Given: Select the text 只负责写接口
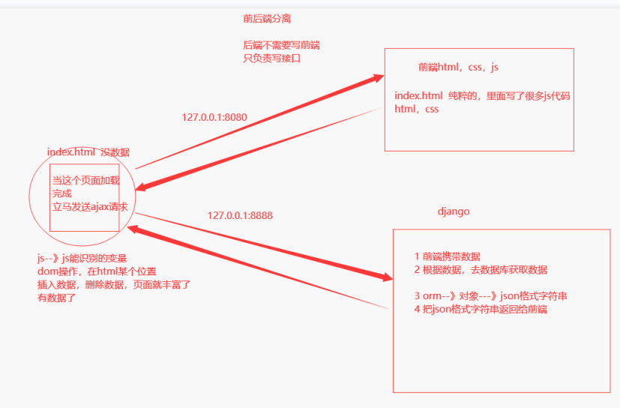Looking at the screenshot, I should tap(271, 58).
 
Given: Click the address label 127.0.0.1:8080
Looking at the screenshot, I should tap(214, 118).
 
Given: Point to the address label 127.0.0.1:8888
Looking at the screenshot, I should tap(240, 215).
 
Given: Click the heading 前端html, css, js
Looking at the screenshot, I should tap(458, 67).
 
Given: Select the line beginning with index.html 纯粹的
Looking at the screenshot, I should tap(482, 96).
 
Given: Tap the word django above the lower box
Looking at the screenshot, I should tap(454, 211).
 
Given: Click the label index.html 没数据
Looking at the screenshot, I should tap(88, 151).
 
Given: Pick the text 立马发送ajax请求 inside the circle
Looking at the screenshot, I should tap(90, 206).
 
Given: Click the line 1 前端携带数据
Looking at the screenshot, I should tap(447, 256).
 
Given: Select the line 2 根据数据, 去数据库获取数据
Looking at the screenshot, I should tap(481, 270).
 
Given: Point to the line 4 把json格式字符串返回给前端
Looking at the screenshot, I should tap(481, 309).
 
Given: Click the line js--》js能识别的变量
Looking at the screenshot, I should tap(82, 259).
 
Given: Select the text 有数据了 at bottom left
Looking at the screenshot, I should tap(57, 298).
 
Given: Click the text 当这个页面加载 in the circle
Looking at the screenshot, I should tap(85, 181).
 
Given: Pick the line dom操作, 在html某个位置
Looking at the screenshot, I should tap(97, 271).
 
